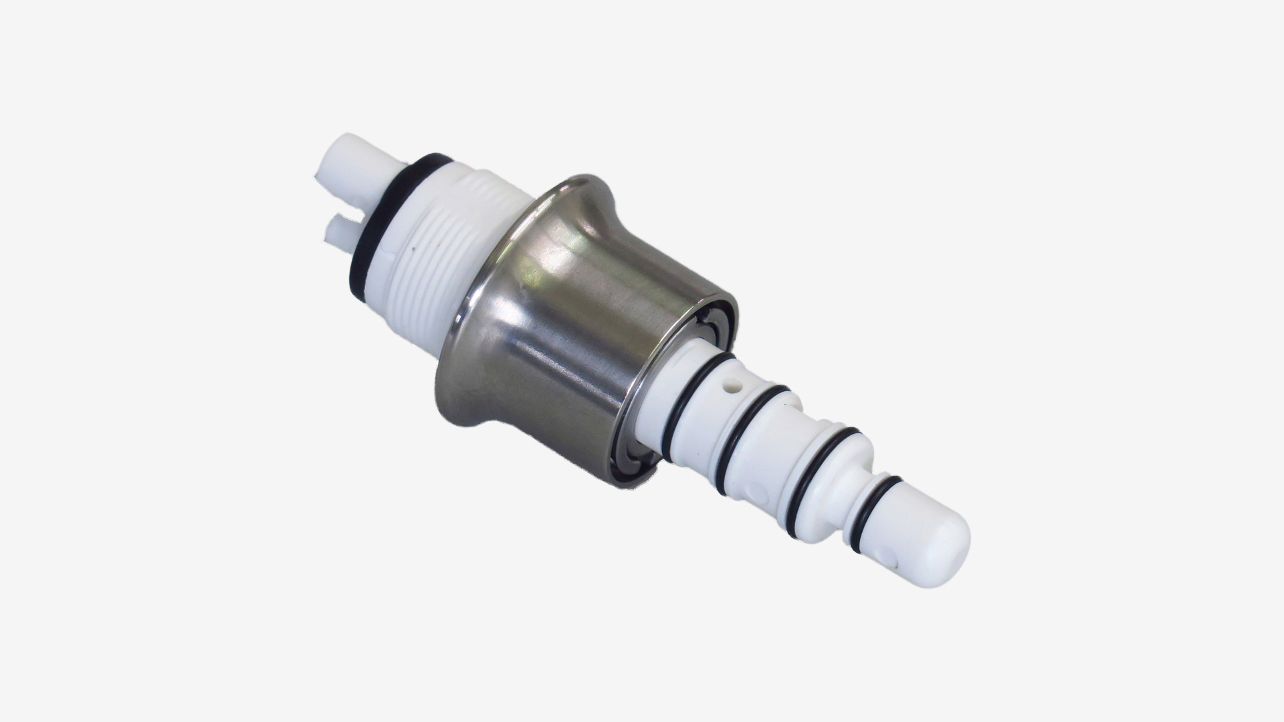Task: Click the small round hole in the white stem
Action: pyautogui.click(x=735, y=385)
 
